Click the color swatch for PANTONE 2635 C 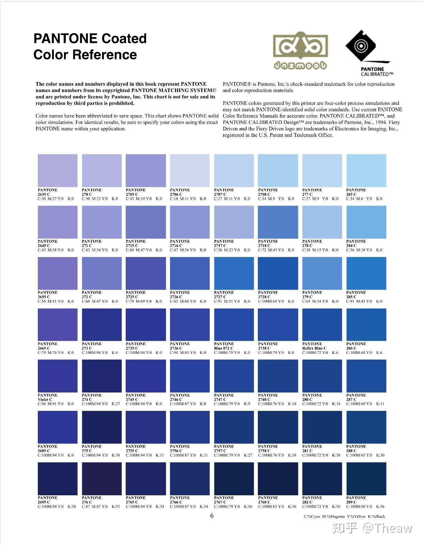click(x=58, y=171)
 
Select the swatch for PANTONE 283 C click(x=366, y=171)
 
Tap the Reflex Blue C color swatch click(x=322, y=324)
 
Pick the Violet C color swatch click(x=58, y=376)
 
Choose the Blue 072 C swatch click(x=234, y=324)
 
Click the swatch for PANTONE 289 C click(x=366, y=478)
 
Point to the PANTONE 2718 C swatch click(x=278, y=222)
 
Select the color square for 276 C click(x=101, y=478)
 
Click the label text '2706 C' click(x=176, y=194)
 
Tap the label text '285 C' click(x=351, y=297)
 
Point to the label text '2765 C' click(x=132, y=502)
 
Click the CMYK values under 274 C click(x=101, y=404)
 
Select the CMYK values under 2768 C click(x=277, y=507)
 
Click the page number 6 click(x=212, y=516)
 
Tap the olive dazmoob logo click(x=300, y=50)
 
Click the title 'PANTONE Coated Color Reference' click(x=90, y=46)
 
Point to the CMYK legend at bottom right click(x=344, y=516)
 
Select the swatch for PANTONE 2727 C click(x=234, y=273)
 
